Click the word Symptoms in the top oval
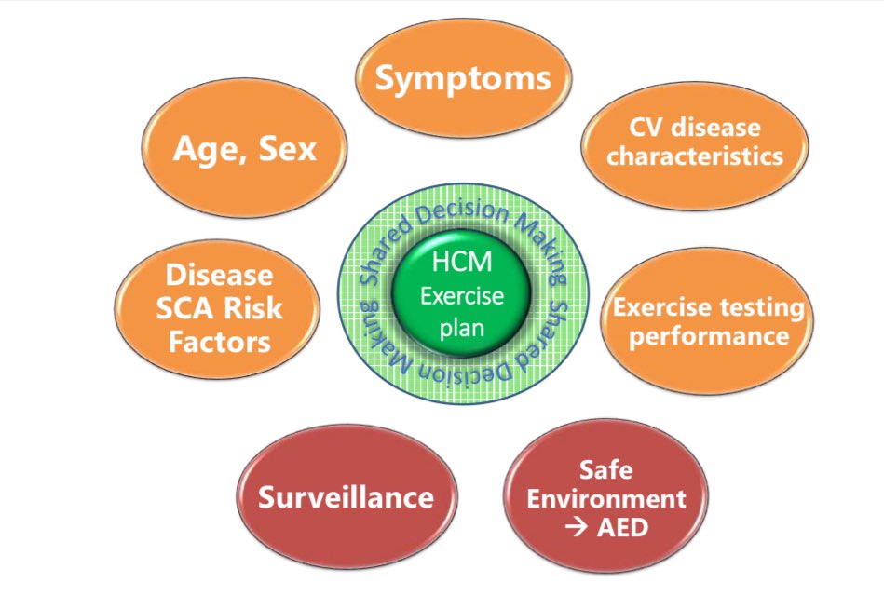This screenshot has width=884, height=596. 462,78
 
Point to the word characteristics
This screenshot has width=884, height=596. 695,156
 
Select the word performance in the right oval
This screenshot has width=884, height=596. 709,334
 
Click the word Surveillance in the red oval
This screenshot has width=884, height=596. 346,497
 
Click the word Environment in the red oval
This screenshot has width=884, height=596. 606,498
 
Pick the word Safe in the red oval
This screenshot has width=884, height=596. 605,470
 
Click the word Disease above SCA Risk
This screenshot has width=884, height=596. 219,277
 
